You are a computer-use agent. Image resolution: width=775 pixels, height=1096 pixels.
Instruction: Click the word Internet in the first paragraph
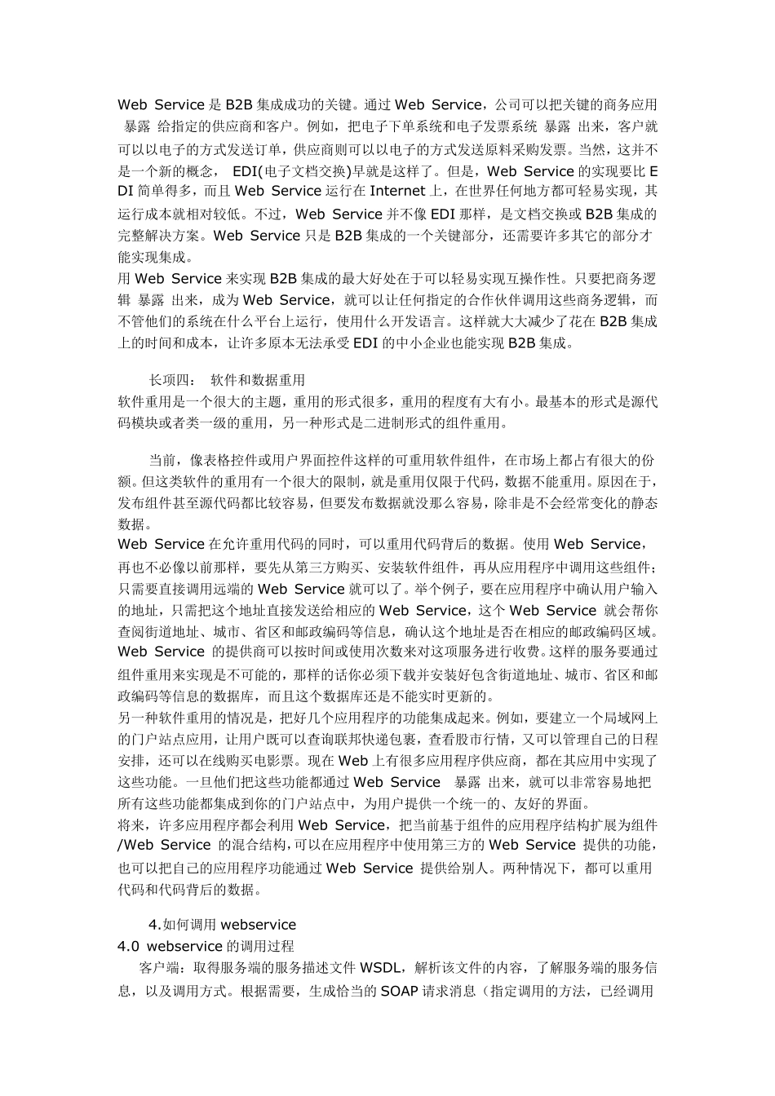pyautogui.click(x=397, y=192)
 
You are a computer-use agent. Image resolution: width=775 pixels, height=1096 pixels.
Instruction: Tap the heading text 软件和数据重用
pyautogui.click(x=258, y=380)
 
